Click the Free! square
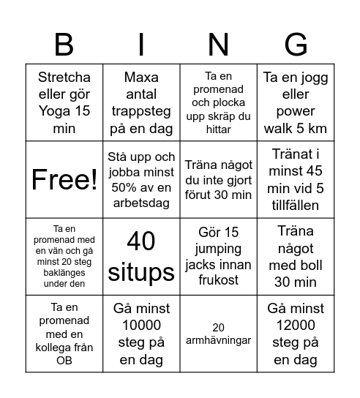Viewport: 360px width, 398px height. coord(64,179)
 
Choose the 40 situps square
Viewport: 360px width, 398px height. coord(141,257)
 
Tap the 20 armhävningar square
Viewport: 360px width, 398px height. coord(218,334)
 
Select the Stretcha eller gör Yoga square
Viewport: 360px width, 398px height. coord(64,102)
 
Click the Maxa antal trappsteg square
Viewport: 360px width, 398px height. coord(141,102)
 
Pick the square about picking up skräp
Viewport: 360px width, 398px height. coord(218,102)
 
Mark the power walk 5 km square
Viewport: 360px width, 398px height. coord(296,102)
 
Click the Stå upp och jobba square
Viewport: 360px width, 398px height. coord(141,179)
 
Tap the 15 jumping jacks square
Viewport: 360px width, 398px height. coord(218,257)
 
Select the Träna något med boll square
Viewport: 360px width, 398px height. coord(296,257)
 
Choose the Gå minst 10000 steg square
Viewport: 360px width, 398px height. coord(141,334)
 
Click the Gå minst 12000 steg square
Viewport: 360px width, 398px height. coord(296,334)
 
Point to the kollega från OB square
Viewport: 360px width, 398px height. coord(64,334)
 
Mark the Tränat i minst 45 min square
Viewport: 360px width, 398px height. coord(296,179)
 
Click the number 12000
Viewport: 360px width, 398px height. coord(296,326)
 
